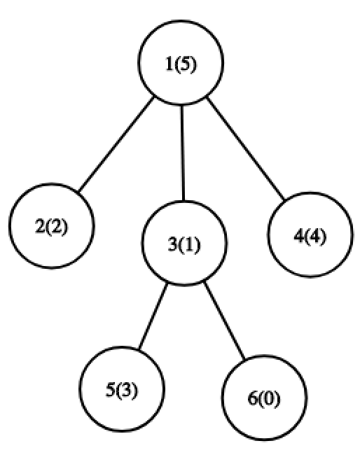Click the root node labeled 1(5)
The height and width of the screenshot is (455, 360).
(181, 62)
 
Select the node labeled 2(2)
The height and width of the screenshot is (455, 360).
(52, 226)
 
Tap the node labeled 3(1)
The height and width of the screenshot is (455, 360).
(184, 243)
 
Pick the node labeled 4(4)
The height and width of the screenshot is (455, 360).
(310, 234)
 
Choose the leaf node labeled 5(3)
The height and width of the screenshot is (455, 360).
(122, 389)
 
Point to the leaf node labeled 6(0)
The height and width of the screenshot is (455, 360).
(264, 398)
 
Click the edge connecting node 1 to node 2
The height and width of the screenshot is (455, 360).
(116, 144)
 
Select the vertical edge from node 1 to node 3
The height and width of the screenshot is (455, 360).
(182, 153)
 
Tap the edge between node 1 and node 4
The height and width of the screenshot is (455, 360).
(245, 148)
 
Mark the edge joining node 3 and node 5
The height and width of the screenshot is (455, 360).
(153, 316)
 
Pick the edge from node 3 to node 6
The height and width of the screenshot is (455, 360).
(224, 321)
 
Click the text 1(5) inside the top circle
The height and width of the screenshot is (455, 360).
(181, 64)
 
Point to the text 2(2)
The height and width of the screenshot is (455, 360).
(51, 226)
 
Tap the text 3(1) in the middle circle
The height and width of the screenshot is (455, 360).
(184, 244)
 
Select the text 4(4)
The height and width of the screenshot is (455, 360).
(310, 235)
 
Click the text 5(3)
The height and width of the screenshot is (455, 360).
(122, 390)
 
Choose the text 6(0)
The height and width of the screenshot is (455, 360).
(264, 398)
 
